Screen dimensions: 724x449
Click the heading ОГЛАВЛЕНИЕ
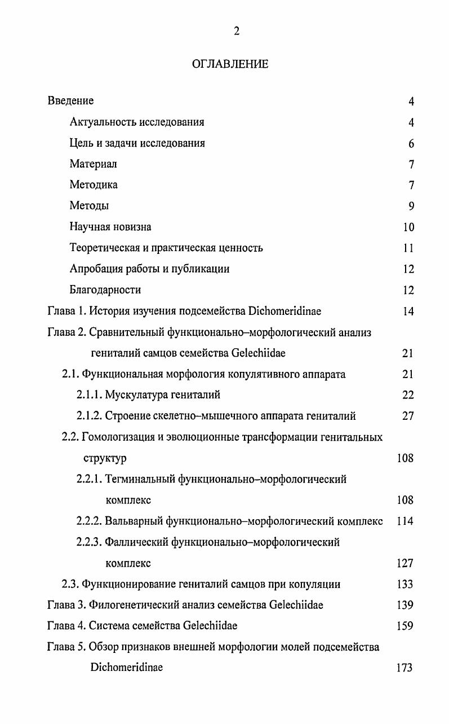point(230,64)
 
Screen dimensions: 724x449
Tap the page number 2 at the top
point(237,32)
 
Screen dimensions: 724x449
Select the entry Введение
point(70,101)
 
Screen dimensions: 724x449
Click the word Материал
point(93,164)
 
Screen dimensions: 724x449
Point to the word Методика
point(94,185)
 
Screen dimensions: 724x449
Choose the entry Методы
point(89,206)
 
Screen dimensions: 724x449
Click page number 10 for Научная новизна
point(408,227)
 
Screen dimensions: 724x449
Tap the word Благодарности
point(105,290)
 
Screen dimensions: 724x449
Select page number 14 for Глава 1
point(408,311)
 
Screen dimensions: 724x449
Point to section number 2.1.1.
point(90,395)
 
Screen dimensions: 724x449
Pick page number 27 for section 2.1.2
point(408,416)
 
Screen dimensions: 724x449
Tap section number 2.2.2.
point(90,521)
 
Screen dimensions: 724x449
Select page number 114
point(405,521)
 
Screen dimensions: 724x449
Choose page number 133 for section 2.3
point(405,584)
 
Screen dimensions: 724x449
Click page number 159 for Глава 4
point(405,626)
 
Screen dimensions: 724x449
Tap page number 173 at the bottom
point(405,668)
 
